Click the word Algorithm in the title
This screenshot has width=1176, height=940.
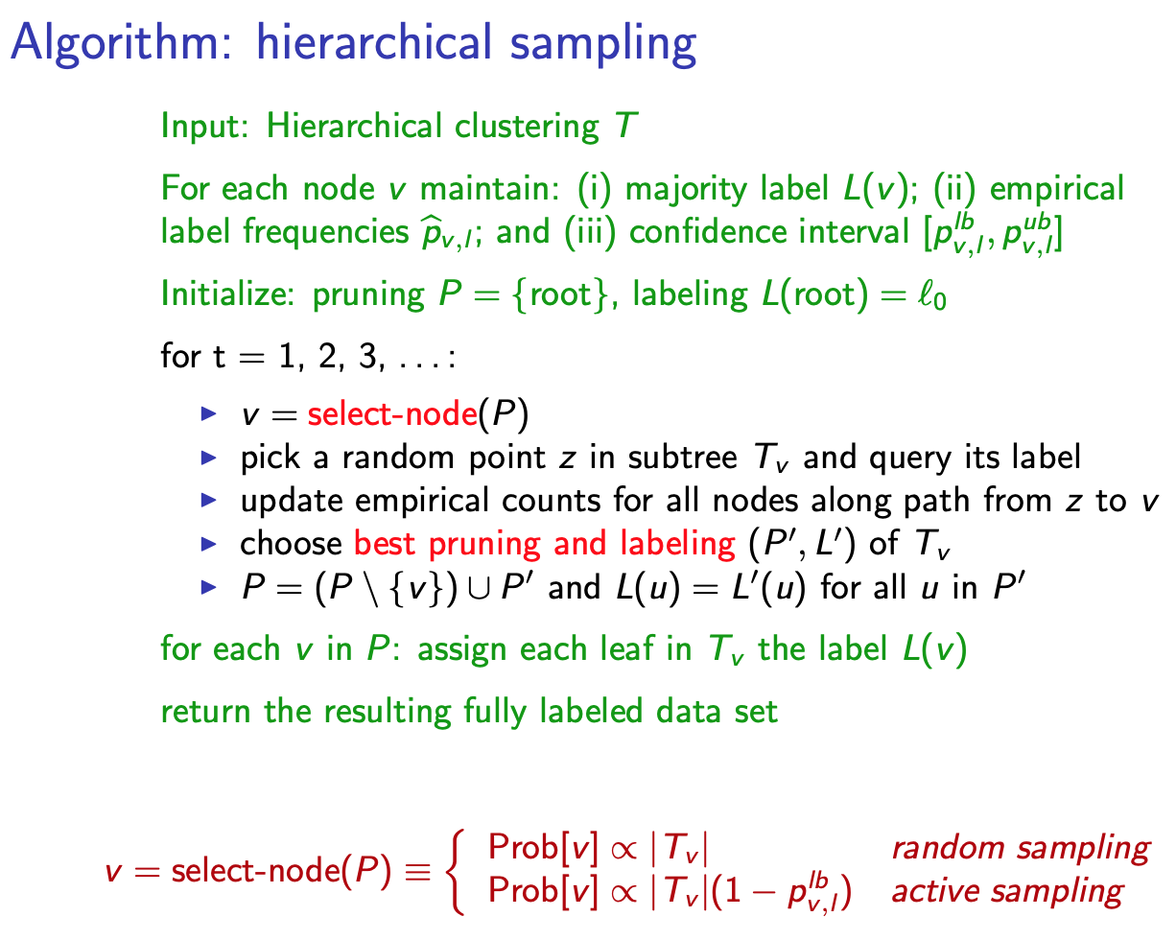coord(105,45)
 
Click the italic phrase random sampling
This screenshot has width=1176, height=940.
coord(1020,848)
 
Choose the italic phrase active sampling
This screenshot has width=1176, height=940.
coord(1006,891)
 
